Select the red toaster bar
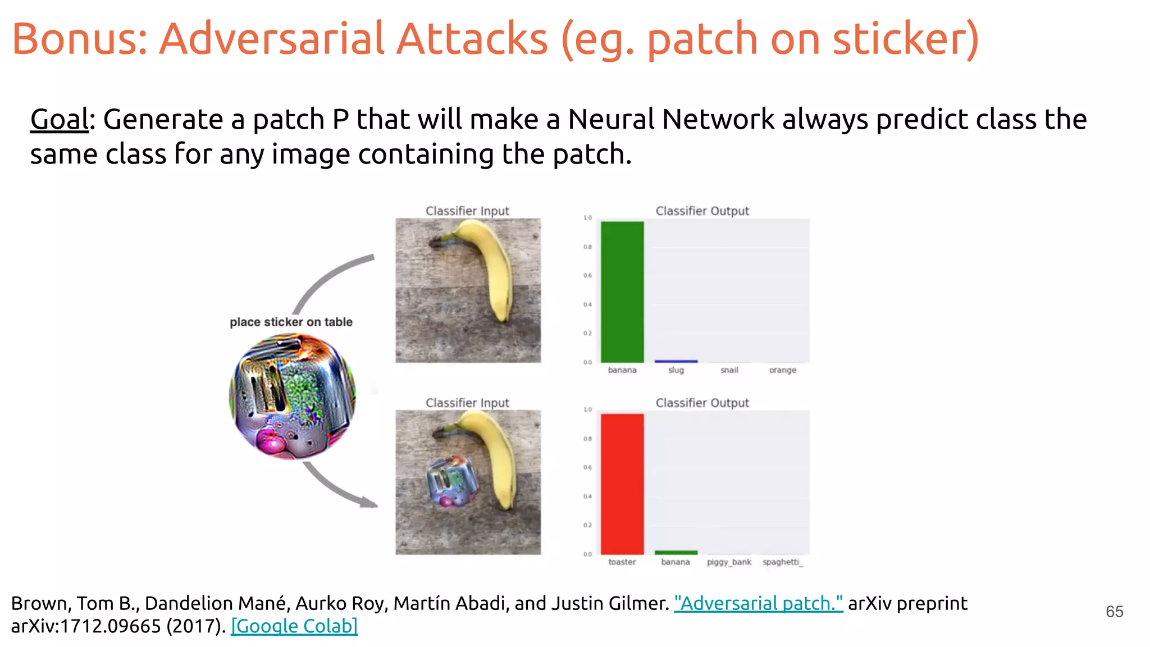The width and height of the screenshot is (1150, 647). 622,484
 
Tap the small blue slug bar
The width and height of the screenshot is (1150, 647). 676,361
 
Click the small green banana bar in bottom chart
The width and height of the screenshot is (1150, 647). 676,553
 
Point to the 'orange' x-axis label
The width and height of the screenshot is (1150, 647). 782,370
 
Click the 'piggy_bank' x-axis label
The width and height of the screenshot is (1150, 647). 729,562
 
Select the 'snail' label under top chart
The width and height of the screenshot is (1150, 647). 729,370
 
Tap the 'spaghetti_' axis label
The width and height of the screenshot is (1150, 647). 782,562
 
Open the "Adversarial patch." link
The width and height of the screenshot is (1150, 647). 758,603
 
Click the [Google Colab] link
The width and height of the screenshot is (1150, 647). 294,626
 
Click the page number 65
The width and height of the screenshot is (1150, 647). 1114,612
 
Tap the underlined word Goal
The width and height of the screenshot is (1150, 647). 59,120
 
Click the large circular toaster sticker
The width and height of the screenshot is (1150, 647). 293,396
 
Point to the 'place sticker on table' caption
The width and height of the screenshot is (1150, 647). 291,322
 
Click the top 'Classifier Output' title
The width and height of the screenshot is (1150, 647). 702,211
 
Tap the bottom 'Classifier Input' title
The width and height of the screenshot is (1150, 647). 467,403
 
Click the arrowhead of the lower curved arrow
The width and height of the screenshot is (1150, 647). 370,503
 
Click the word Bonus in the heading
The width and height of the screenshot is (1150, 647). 79,39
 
